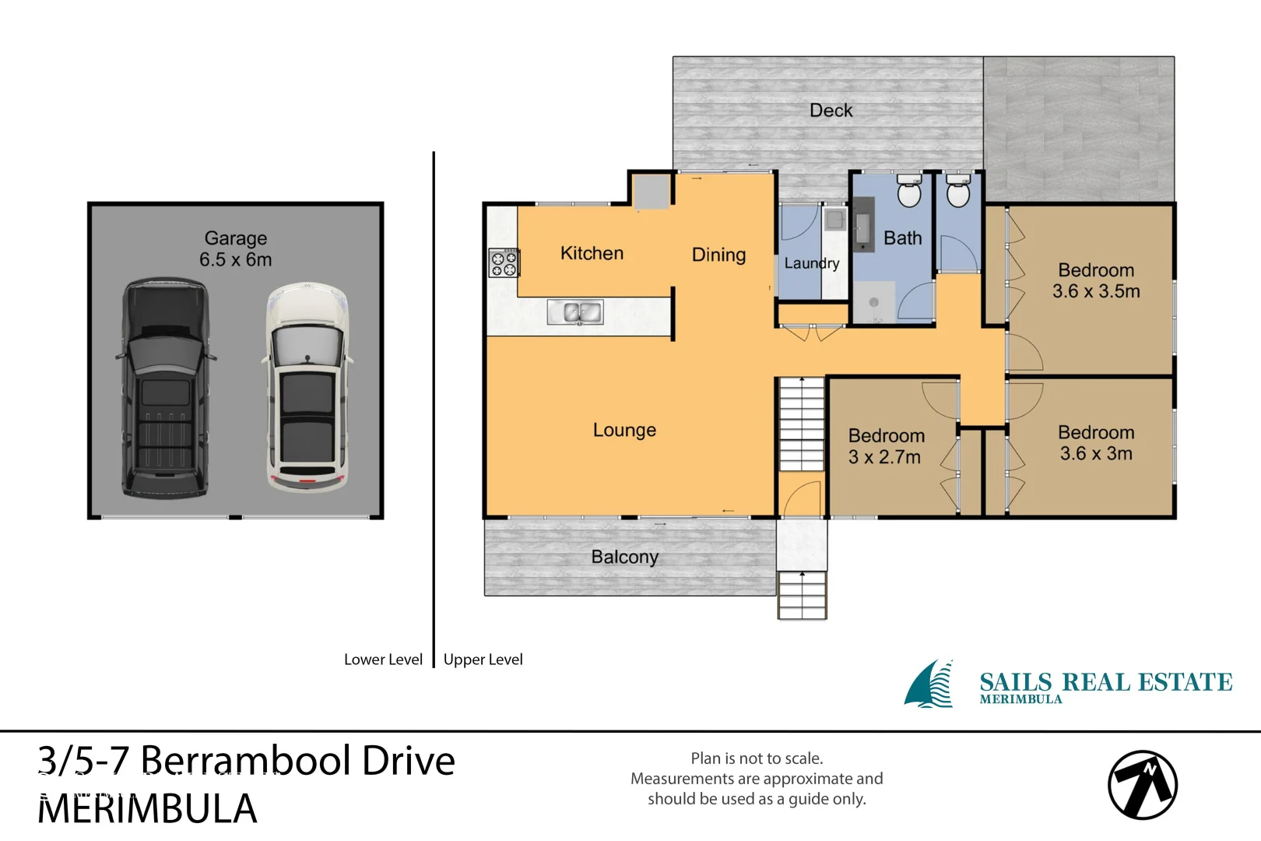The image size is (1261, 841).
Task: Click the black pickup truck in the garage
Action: tap(165, 388)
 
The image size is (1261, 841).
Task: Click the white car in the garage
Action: tap(307, 388)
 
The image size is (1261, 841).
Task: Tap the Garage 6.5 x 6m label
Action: tap(236, 249)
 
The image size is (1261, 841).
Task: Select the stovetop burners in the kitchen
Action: tap(503, 263)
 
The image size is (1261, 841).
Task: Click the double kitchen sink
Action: tap(575, 313)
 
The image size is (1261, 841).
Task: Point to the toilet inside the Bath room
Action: tap(909, 191)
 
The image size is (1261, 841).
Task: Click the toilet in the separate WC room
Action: tap(958, 191)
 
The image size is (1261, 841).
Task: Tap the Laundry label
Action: tap(811, 263)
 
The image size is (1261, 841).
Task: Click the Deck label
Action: tap(831, 111)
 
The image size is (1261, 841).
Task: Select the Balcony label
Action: tap(624, 557)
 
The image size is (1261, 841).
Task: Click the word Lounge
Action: tap(624, 430)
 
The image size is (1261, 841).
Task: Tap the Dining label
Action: tap(718, 255)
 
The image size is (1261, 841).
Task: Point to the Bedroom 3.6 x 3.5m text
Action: tap(1096, 281)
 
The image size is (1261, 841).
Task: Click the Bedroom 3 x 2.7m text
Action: tap(886, 446)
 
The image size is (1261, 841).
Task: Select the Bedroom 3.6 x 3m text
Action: tap(1096, 443)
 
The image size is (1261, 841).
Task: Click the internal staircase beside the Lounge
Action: tap(802, 424)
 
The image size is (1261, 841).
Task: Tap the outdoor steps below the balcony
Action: tap(802, 595)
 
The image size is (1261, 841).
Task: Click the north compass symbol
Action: tap(1142, 785)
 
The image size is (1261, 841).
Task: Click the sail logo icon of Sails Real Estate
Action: tap(930, 684)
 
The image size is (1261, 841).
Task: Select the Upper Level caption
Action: tap(483, 660)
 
